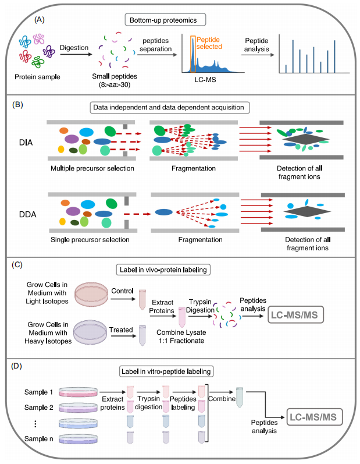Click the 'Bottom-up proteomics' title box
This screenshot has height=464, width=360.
[165, 20]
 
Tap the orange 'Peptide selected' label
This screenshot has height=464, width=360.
[209, 43]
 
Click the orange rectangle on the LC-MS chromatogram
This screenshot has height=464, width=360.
[193, 54]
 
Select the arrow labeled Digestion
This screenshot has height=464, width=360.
[76, 54]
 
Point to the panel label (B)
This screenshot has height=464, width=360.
[17, 104]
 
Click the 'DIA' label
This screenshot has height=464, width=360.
[26, 143]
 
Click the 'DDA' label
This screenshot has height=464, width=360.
[27, 214]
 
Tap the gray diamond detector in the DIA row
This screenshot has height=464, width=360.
[305, 139]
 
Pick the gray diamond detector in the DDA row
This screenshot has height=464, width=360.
[307, 211]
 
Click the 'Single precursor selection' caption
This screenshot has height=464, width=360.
[90, 240]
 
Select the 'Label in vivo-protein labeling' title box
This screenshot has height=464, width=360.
[163, 270]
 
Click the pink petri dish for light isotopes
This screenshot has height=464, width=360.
[91, 294]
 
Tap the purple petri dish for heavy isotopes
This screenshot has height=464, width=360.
[90, 332]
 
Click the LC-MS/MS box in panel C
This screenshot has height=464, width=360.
[295, 315]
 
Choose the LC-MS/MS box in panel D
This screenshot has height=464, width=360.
[315, 417]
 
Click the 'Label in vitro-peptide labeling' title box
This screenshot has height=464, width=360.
[166, 371]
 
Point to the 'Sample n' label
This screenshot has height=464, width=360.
[39, 439]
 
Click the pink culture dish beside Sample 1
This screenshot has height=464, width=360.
[78, 392]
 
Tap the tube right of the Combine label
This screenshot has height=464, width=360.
[240, 398]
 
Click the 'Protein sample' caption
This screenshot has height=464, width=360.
[37, 77]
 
